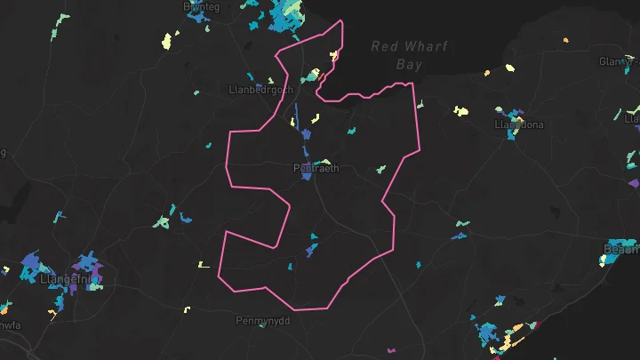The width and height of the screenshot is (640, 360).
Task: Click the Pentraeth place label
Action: (x=316, y=168)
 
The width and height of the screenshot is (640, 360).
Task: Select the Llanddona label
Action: (x=519, y=125)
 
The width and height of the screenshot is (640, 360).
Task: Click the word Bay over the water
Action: (x=409, y=65)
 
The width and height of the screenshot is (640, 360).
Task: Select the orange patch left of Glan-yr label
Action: (x=565, y=39)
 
